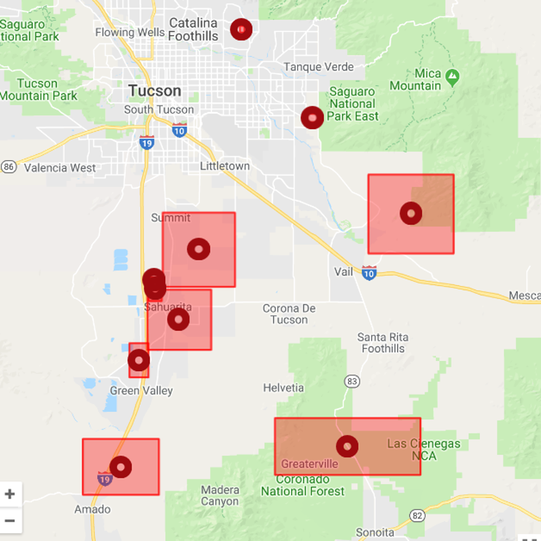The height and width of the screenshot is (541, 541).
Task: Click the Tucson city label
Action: [x=155, y=91]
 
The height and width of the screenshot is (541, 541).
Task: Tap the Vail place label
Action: [x=343, y=272]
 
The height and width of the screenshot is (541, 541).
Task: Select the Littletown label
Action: [x=225, y=166]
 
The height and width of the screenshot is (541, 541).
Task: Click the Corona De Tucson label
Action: [x=289, y=314]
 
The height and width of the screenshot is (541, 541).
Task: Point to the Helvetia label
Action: [x=283, y=388]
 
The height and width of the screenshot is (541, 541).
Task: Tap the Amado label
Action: [x=92, y=509]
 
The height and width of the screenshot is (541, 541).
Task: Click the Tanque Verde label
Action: [x=318, y=67]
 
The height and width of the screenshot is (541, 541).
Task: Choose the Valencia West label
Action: [x=60, y=168]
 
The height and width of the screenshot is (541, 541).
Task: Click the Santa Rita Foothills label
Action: [x=383, y=343]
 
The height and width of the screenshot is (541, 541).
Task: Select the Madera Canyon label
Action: [x=220, y=495]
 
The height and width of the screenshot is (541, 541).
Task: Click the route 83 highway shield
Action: [x=352, y=381]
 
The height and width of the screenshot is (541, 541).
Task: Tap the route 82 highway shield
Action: [x=417, y=515]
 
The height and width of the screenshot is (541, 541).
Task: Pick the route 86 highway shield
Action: [x=8, y=167]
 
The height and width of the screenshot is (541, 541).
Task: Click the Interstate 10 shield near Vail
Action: [x=369, y=273]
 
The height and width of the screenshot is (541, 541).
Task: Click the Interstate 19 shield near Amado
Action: [x=105, y=479]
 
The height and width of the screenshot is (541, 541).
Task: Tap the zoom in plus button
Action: [x=10, y=494]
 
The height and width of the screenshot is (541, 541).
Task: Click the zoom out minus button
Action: [x=10, y=521]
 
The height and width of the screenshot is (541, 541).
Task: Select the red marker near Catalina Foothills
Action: [x=241, y=29]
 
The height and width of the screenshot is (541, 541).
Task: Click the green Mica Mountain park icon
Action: [x=452, y=77]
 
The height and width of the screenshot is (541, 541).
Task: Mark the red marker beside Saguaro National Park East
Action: [x=312, y=118]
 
